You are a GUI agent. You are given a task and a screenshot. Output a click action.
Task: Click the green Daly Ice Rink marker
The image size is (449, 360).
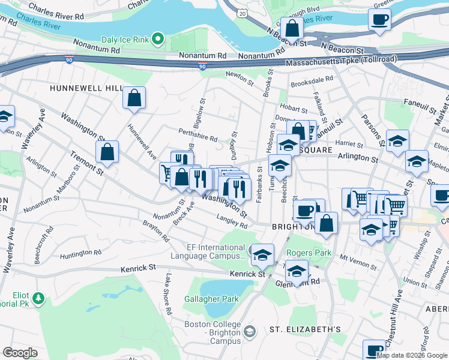158,40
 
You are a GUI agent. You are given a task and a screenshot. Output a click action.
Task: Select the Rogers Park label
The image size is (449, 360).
309,253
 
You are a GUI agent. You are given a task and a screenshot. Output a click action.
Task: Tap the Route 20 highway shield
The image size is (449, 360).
242,13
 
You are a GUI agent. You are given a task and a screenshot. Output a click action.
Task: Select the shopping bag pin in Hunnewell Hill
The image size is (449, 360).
134,98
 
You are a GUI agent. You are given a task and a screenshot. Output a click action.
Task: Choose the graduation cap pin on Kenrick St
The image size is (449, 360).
262,255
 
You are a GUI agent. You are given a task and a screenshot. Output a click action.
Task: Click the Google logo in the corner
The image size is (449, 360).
20,353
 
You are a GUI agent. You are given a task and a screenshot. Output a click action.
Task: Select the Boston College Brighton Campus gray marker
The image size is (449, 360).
250,331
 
